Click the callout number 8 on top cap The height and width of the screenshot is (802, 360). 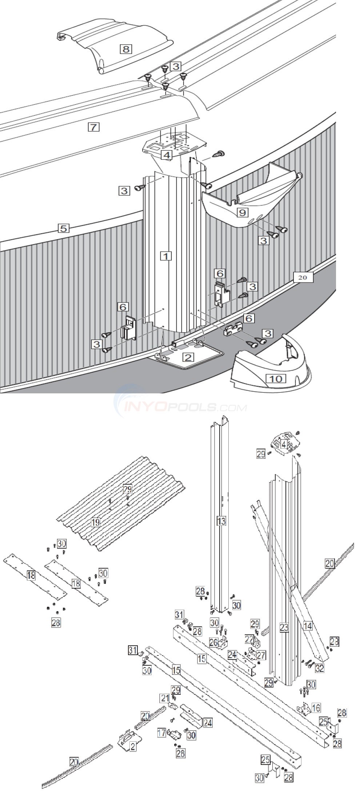pos(125,49)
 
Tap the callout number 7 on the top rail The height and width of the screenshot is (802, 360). pos(93,127)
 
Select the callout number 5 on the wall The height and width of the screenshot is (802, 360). pos(63,228)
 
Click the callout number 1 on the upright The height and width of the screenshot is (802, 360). pos(165,256)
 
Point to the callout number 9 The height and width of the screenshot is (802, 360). pos(243,212)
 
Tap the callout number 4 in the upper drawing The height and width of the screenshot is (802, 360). pos(167,155)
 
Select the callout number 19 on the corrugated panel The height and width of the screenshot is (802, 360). pos(96,523)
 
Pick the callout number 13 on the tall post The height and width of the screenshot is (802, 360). pos(221,521)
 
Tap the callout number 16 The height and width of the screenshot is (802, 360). pos(316,708)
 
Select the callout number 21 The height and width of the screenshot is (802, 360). pos(165,698)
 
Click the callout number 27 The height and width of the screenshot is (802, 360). pos(261,655)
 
